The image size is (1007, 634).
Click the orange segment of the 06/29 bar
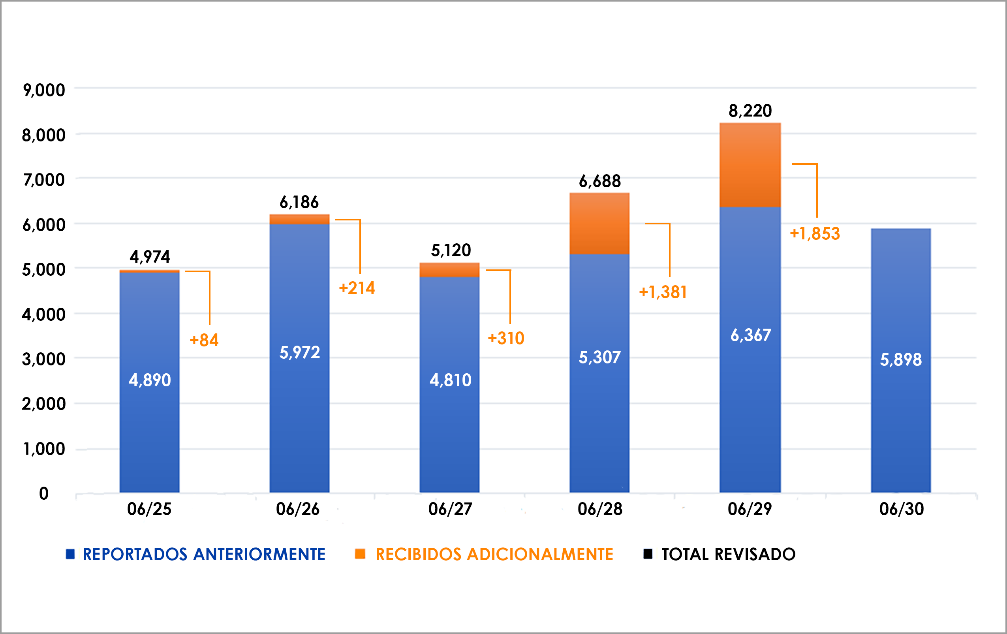point(750,165)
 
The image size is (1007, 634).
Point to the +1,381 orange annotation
point(663,292)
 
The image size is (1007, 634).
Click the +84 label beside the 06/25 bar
point(204,340)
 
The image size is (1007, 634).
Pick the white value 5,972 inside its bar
point(299,352)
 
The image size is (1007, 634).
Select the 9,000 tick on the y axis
point(44,90)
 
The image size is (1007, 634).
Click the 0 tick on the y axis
point(43,493)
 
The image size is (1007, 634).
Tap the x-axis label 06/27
point(450,509)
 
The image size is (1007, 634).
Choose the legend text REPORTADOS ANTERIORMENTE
point(204,554)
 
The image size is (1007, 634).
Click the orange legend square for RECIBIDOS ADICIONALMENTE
point(360,554)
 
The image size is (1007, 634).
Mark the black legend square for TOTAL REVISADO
point(647,554)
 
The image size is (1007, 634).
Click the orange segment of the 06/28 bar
point(599,224)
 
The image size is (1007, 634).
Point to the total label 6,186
point(299,202)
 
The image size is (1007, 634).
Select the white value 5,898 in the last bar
point(900,359)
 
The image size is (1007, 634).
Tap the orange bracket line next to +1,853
point(816,190)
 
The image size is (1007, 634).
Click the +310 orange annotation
point(506,338)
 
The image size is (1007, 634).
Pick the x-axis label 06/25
point(149,509)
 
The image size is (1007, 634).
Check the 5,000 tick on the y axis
point(44,269)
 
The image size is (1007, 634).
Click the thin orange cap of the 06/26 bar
point(299,219)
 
